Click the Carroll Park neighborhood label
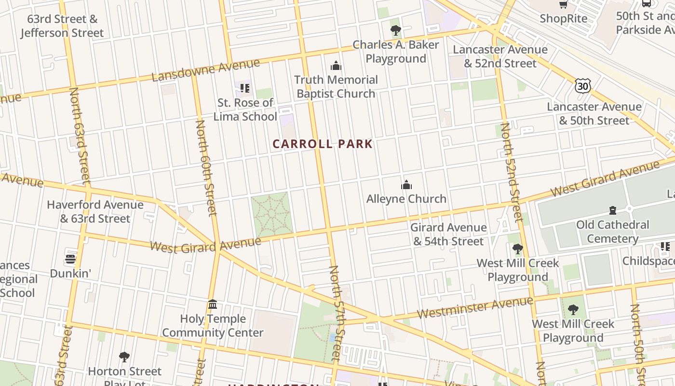point(323,144)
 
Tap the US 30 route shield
point(582,86)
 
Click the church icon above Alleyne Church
point(406,185)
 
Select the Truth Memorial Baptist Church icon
point(336,66)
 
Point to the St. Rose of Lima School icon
point(245,88)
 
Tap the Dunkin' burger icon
point(70,259)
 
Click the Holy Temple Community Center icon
point(213,304)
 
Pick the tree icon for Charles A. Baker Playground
point(395,30)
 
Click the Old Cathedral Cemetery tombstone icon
point(612,210)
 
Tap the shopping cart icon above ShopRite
point(563,4)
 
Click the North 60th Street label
point(206,168)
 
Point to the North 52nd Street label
point(511,172)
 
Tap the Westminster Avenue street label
point(475,307)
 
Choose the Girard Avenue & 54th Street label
point(448,234)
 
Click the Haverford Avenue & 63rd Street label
point(95,211)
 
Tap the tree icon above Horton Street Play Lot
point(124,357)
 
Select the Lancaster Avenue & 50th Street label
point(594,113)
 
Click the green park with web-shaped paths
point(271,214)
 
